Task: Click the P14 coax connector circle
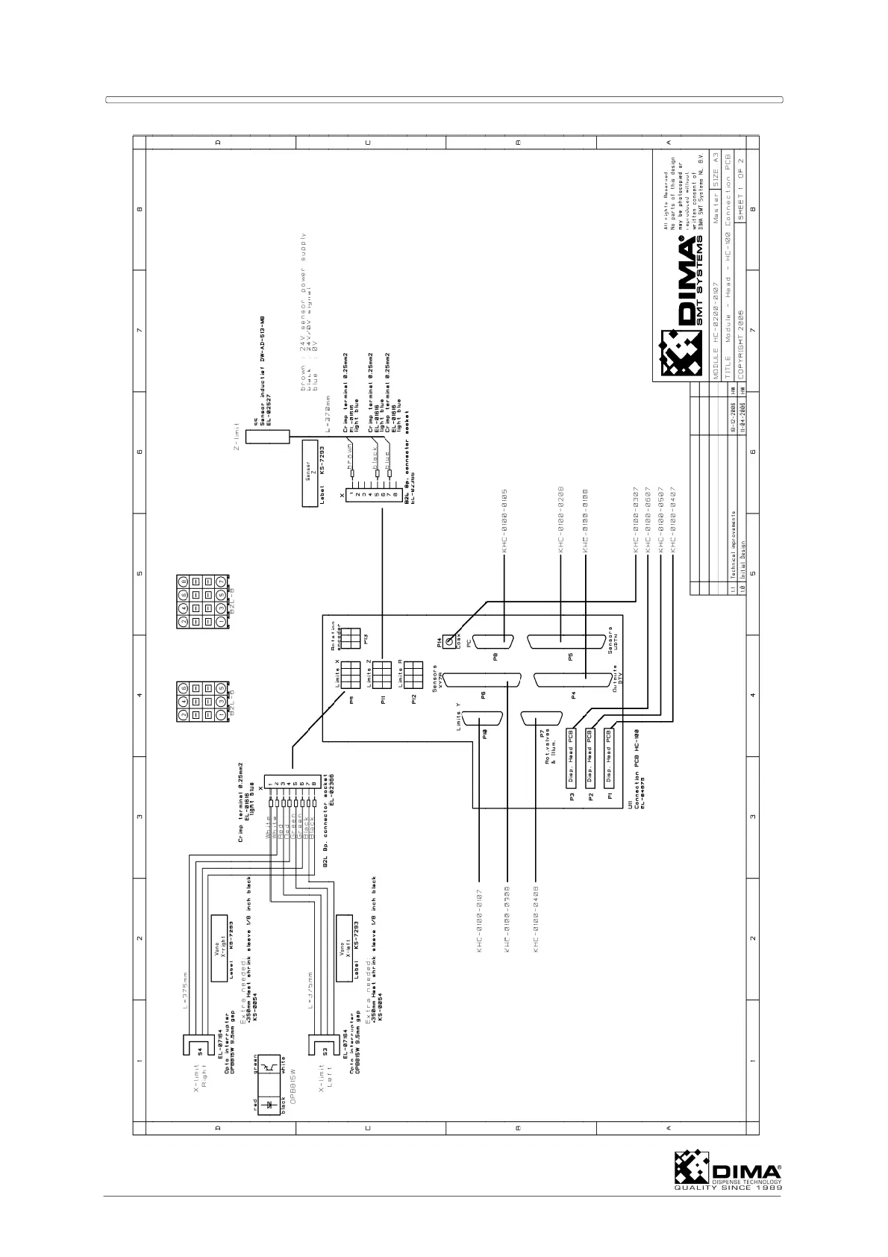pos(450,641)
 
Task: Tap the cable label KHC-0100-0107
pos(479,920)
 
